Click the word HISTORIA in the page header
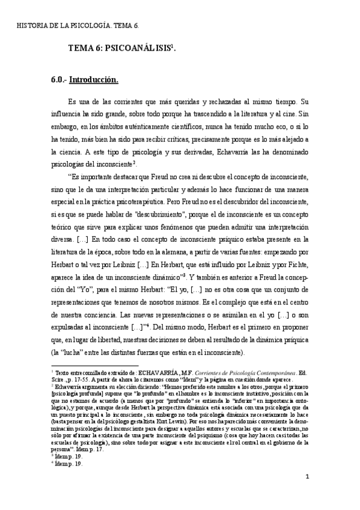coord(29,26)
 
